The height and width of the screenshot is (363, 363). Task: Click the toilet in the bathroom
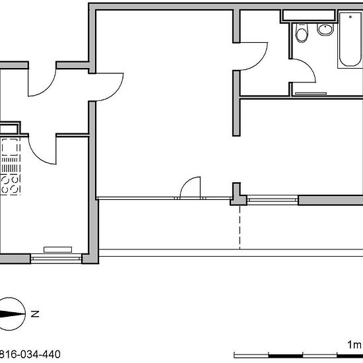302,32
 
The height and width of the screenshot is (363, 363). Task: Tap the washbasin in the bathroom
325,30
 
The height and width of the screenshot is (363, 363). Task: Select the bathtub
350,40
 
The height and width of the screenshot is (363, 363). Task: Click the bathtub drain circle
350,17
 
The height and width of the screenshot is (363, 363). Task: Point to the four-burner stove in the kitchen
10,185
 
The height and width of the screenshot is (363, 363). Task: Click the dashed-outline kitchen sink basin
10,147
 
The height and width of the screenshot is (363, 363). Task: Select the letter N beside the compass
35,314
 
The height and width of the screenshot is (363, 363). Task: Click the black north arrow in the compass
13,314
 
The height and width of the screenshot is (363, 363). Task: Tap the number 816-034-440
30,354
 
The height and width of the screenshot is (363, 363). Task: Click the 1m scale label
354,345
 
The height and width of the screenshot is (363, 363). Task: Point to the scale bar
298,355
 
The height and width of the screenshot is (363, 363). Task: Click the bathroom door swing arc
306,67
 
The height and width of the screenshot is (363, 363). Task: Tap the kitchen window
56,258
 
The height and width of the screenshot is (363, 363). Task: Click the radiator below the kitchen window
57,249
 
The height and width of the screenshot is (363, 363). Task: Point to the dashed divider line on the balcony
240,227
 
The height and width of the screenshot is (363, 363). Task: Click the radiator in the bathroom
311,94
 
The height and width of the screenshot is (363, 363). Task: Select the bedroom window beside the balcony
273,200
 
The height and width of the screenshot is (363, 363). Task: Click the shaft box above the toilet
309,16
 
